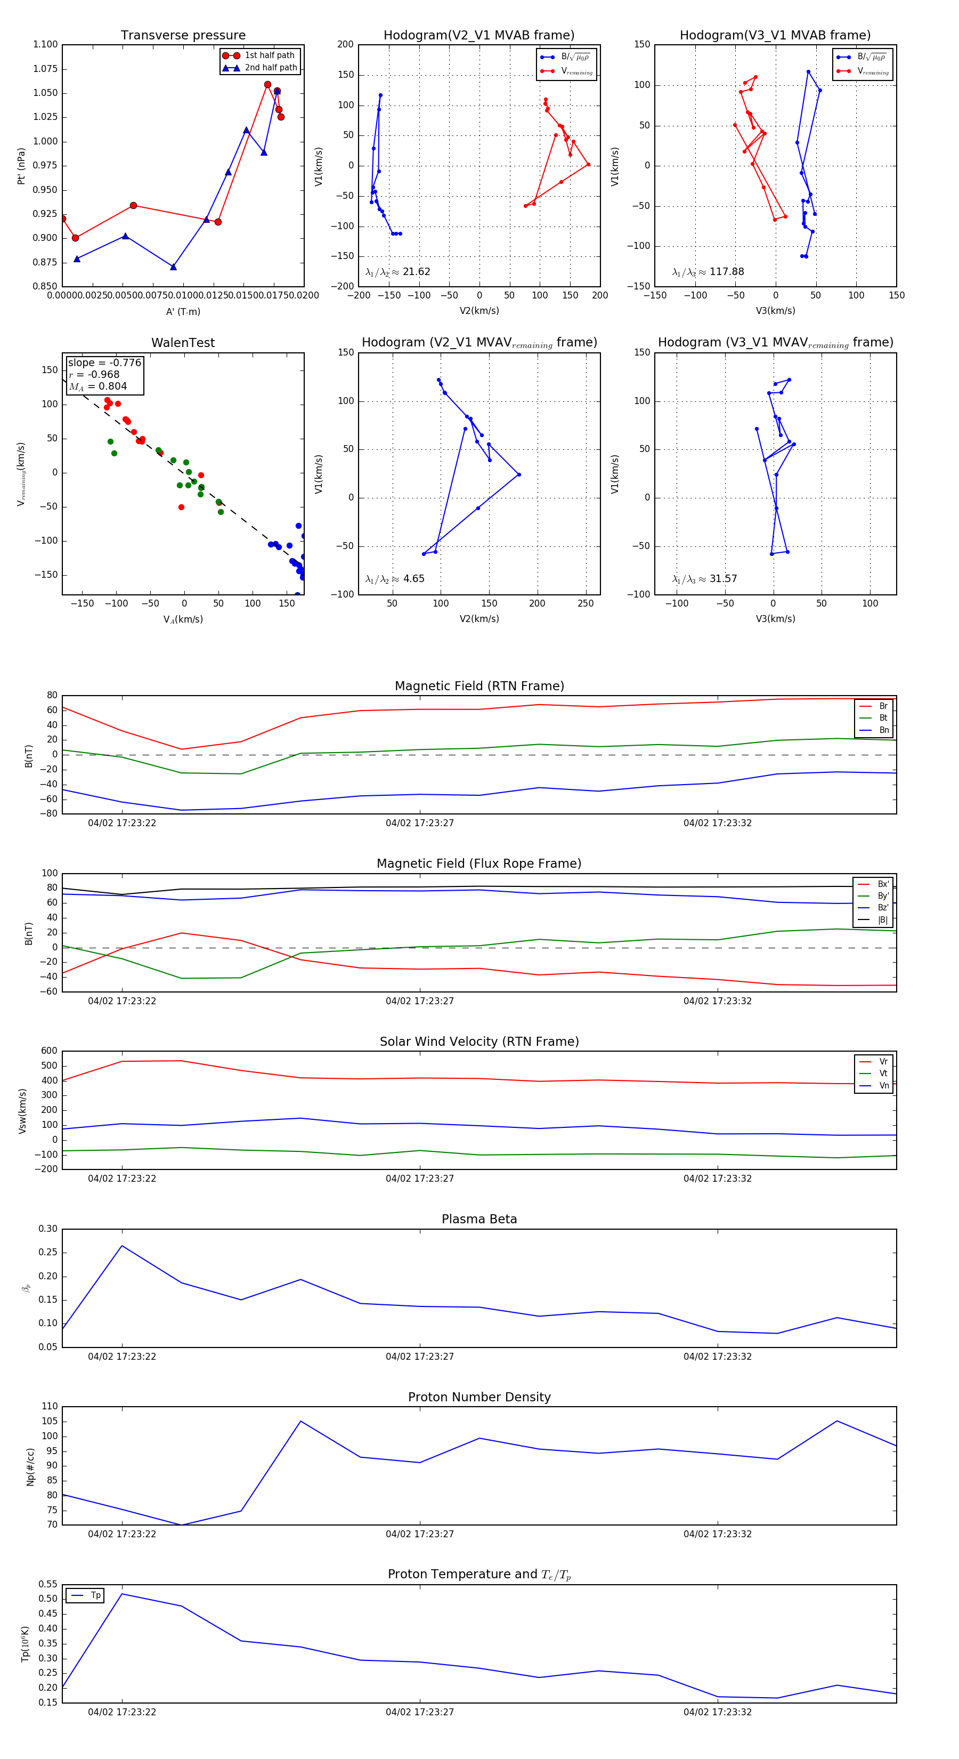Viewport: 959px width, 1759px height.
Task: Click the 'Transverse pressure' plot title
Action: [x=183, y=36]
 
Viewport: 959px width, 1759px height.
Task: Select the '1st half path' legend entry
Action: [x=269, y=55]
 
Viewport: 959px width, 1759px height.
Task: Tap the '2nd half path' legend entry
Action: [x=270, y=68]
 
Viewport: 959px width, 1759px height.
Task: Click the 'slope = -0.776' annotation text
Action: [x=104, y=362]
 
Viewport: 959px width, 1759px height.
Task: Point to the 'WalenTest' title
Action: [x=183, y=343]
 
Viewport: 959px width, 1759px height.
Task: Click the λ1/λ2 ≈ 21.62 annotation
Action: [x=398, y=272]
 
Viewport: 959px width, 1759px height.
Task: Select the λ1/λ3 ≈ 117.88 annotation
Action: [x=708, y=272]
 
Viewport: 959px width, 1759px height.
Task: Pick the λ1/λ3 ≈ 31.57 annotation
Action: [x=704, y=579]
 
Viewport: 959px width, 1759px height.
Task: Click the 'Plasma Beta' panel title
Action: [x=479, y=1219]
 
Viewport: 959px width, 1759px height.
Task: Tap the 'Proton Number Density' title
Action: [x=479, y=1397]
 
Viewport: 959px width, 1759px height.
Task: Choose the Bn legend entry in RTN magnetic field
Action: [x=883, y=730]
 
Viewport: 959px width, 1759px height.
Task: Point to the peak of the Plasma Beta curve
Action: [x=122, y=1246]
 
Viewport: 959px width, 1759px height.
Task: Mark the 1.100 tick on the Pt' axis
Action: [x=45, y=44]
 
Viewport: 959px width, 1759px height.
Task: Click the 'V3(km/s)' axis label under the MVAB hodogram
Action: [x=775, y=311]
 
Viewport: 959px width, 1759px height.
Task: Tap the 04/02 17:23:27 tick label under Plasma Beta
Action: [x=420, y=1356]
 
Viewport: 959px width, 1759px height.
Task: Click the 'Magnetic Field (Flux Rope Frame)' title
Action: [x=479, y=864]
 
